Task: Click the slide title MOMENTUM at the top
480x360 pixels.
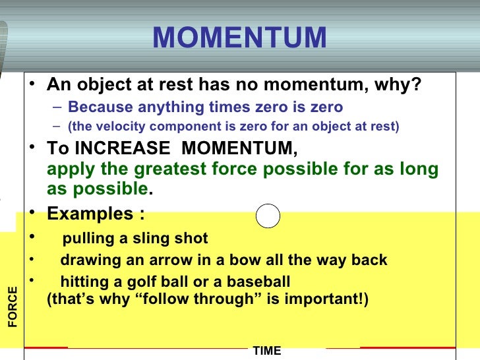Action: click(239, 38)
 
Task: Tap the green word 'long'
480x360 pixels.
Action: click(420, 169)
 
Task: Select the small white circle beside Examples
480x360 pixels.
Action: click(268, 216)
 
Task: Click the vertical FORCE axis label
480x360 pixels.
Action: click(13, 307)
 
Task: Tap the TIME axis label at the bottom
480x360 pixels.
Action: click(267, 351)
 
